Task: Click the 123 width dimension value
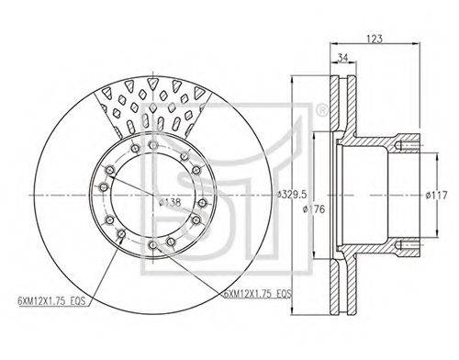(x=375, y=39)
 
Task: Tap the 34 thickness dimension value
(x=343, y=57)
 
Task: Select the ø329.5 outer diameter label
(x=291, y=194)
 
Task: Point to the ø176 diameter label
(x=314, y=209)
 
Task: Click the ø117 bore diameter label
(x=437, y=195)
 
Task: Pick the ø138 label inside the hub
(x=170, y=202)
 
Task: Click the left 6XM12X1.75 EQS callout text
(x=51, y=301)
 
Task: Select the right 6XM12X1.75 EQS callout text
(x=258, y=294)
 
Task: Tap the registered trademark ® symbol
(x=321, y=110)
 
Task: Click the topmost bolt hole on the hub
(x=152, y=145)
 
